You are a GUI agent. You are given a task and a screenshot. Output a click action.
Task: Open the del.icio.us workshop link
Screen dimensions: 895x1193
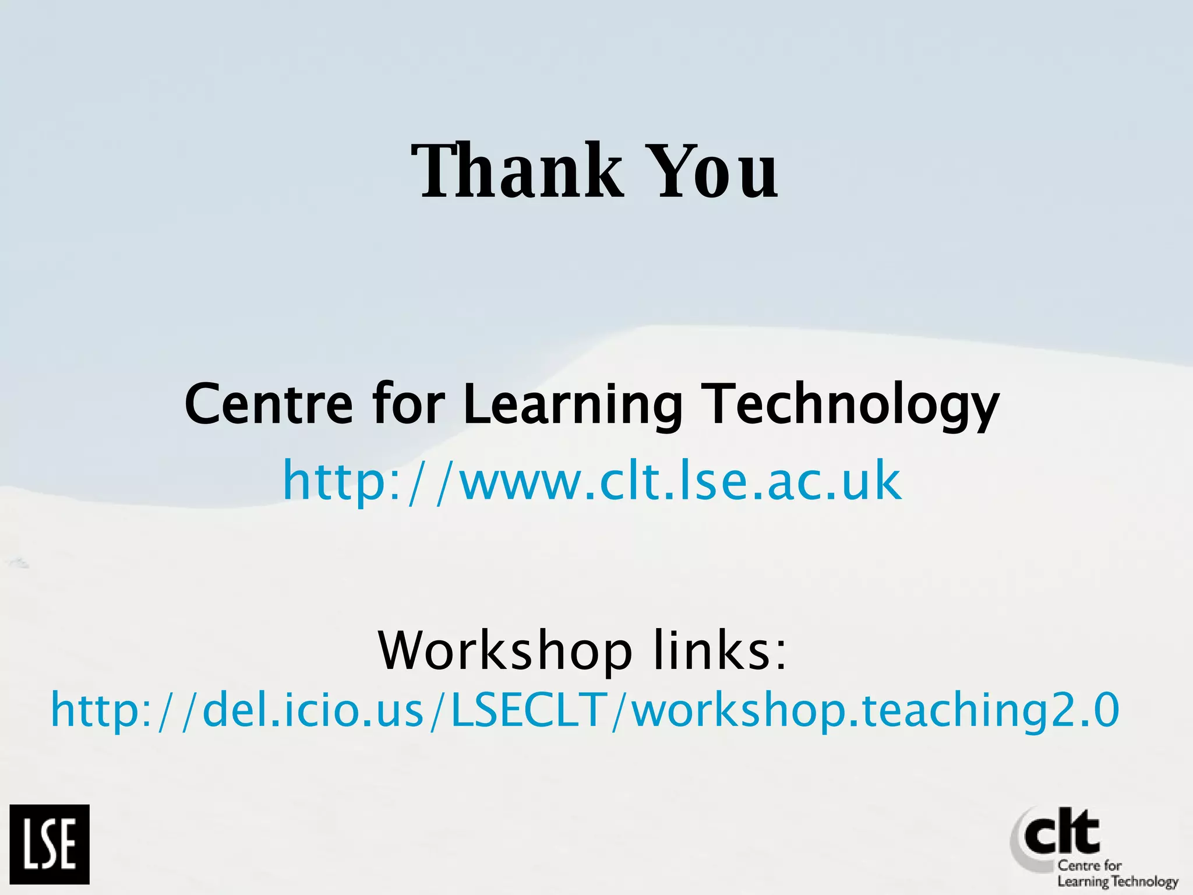point(585,710)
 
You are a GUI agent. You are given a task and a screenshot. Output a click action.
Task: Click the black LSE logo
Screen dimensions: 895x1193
point(50,844)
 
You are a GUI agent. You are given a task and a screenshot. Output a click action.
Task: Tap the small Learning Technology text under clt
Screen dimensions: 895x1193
point(1118,882)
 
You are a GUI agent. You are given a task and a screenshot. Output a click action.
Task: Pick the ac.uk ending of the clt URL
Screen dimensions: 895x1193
point(834,481)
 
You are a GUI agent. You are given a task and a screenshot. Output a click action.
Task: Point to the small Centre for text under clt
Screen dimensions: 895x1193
point(1089,865)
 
